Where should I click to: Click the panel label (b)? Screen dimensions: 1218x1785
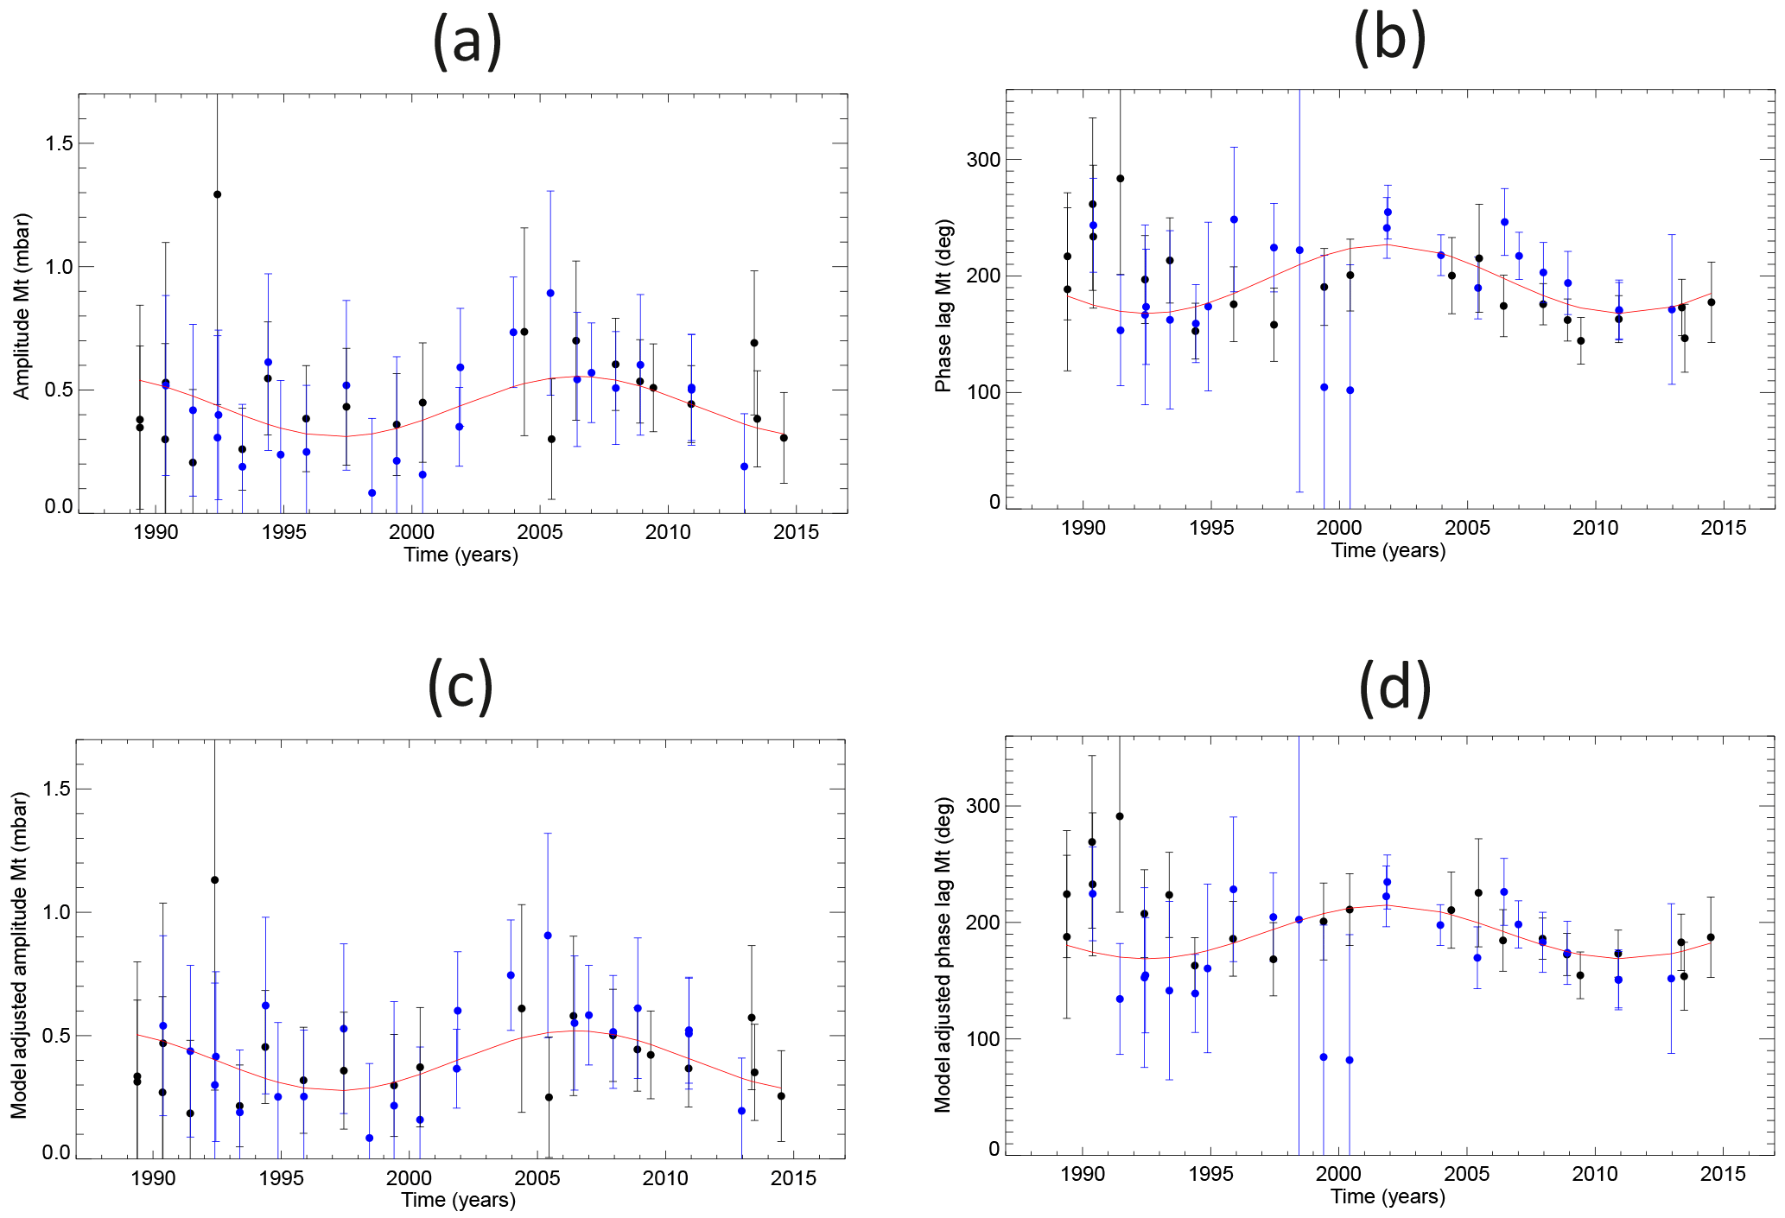(x=1389, y=40)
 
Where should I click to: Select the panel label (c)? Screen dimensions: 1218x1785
(x=461, y=687)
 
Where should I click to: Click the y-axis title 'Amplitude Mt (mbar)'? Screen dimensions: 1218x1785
(x=22, y=306)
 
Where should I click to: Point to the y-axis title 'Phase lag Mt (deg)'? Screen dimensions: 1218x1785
(x=943, y=306)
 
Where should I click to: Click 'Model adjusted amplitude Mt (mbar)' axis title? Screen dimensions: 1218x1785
(x=20, y=955)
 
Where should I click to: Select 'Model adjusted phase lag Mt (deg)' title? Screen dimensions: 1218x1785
(x=943, y=954)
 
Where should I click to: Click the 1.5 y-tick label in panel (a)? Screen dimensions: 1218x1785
(x=59, y=143)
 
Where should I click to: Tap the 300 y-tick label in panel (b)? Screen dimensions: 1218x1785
(x=984, y=160)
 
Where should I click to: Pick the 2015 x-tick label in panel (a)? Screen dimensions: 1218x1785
(x=795, y=532)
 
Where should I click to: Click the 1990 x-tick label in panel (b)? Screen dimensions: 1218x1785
(x=1083, y=528)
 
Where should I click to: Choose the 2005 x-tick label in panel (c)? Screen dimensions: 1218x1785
(x=537, y=1178)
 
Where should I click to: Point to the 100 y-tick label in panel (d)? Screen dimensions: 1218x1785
(x=983, y=1039)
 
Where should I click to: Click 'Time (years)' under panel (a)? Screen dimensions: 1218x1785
(x=461, y=555)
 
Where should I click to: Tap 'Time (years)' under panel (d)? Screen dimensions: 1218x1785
(x=1388, y=1196)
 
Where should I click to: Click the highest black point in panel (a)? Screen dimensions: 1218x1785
(x=217, y=194)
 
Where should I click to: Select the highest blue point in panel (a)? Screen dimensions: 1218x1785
(x=549, y=293)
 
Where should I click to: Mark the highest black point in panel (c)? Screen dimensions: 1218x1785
(x=214, y=880)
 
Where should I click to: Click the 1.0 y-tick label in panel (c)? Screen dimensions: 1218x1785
(x=56, y=912)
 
